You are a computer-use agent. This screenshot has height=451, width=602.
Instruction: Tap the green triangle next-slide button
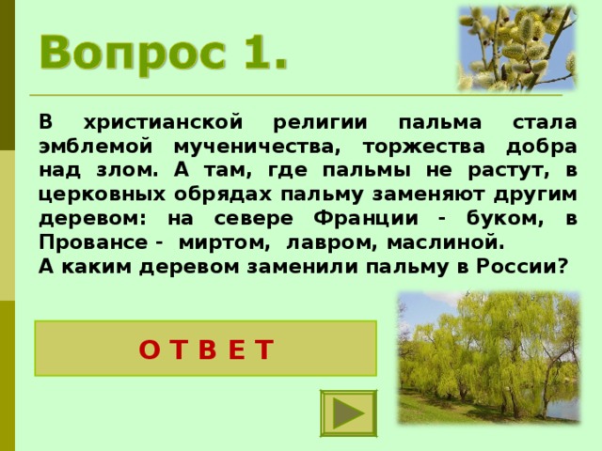(348, 413)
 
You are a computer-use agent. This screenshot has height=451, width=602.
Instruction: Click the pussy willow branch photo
(515, 46)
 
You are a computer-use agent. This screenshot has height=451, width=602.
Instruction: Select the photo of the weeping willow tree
(488, 356)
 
